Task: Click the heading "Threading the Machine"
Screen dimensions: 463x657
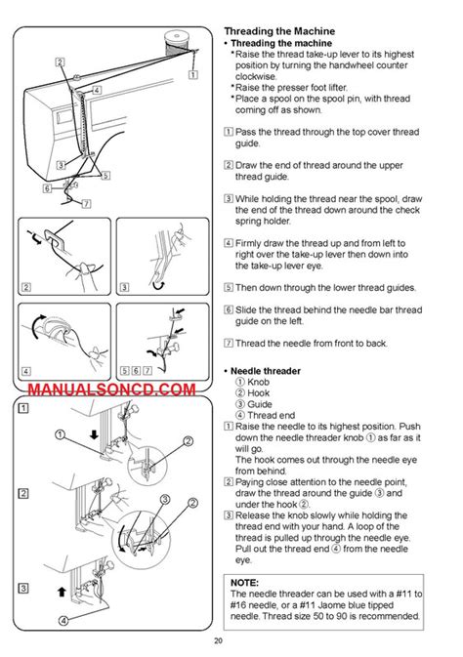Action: coord(279,31)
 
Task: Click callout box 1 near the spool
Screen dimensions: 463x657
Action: coord(193,74)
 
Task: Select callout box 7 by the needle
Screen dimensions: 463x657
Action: coord(86,204)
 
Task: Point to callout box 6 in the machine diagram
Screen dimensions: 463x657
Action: coord(48,188)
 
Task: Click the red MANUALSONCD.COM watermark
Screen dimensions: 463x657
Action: coord(111,390)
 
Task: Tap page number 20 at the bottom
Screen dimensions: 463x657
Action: coord(218,640)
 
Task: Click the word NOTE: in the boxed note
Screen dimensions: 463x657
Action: coord(244,583)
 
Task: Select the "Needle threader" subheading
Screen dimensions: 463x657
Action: coord(266,371)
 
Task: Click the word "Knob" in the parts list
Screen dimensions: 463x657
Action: coord(258,382)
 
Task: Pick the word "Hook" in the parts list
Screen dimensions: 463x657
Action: coord(258,393)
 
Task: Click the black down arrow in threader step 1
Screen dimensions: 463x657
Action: coord(94,434)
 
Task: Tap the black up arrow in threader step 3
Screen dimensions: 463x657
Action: coord(62,592)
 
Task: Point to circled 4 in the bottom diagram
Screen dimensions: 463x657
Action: coord(63,621)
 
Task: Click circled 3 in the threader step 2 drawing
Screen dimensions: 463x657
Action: coord(166,499)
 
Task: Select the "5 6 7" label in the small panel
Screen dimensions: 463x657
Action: coord(137,370)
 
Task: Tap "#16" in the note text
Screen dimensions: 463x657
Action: coord(238,605)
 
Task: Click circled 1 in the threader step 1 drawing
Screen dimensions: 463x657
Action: coord(61,434)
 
